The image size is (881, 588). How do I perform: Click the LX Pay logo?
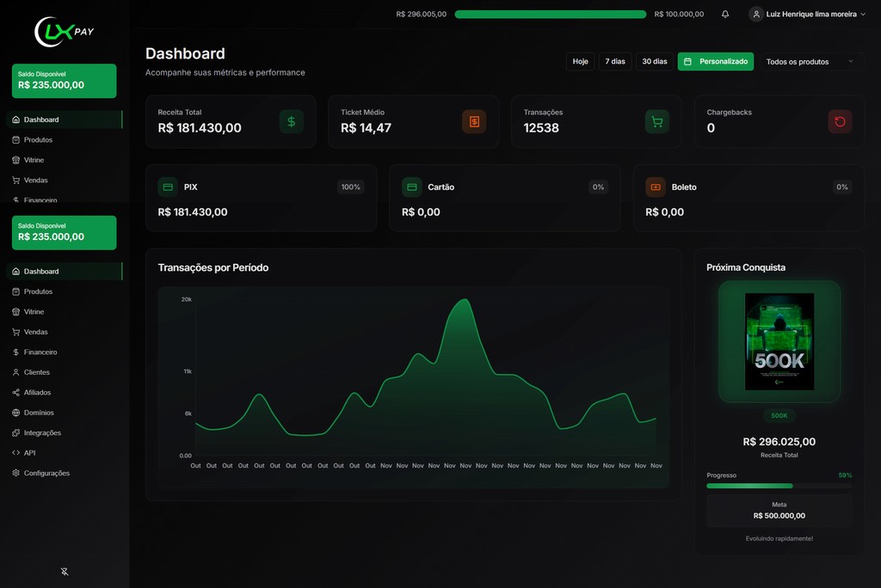pyautogui.click(x=64, y=32)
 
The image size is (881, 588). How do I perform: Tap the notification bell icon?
pyautogui.click(x=725, y=14)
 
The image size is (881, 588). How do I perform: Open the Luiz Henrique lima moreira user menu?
pyautogui.click(x=807, y=14)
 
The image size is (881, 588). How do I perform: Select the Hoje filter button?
pyautogui.click(x=581, y=61)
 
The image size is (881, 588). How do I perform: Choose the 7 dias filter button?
pyautogui.click(x=615, y=61)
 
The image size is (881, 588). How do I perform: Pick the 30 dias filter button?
pyautogui.click(x=655, y=61)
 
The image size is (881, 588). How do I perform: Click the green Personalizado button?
pyautogui.click(x=716, y=61)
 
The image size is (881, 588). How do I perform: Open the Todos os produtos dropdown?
pyautogui.click(x=810, y=62)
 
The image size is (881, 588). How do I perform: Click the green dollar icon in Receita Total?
pyautogui.click(x=292, y=122)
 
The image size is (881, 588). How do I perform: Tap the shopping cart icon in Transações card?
pyautogui.click(x=656, y=122)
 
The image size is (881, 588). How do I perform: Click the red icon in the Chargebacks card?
pyautogui.click(x=840, y=122)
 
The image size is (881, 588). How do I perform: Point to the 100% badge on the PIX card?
pyautogui.click(x=351, y=187)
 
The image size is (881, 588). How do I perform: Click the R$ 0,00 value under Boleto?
pyautogui.click(x=665, y=212)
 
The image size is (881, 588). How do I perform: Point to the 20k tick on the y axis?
pyautogui.click(x=187, y=299)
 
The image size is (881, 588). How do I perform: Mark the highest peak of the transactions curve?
pyautogui.click(x=465, y=299)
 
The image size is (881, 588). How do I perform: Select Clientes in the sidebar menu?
pyautogui.click(x=36, y=372)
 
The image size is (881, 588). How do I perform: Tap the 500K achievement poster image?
pyautogui.click(x=779, y=341)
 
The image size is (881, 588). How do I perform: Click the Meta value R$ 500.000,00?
pyautogui.click(x=779, y=516)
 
